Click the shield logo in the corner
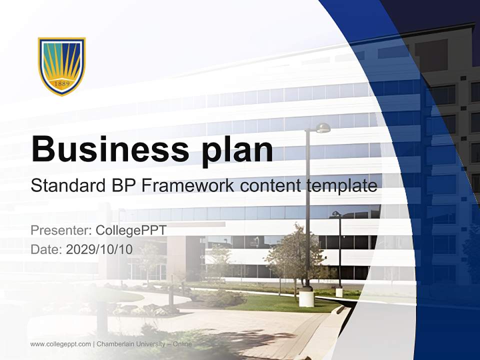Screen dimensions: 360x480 (x=62, y=66)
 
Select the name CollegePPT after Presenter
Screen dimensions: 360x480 (x=130, y=230)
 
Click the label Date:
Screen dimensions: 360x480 (x=46, y=249)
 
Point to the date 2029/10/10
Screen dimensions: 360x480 (x=99, y=249)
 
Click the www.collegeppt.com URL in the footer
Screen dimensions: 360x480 (x=60, y=344)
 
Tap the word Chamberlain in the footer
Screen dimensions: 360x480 (x=118, y=344)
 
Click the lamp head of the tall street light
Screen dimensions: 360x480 (x=322, y=128)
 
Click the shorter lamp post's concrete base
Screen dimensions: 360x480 (x=339, y=292)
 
